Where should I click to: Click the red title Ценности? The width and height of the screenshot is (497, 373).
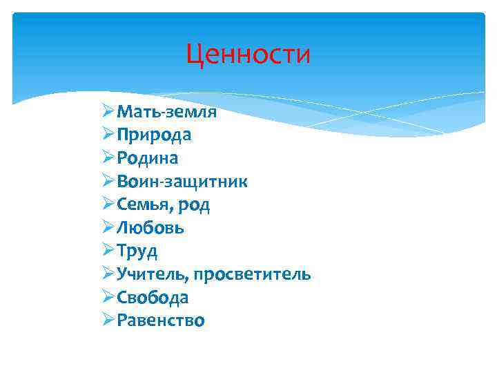248,55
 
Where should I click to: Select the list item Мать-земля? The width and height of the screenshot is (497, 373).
166,112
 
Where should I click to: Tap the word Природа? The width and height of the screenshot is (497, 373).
154,135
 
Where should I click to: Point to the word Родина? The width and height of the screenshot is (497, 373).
148,158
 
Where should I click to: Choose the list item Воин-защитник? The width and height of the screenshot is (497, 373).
182,182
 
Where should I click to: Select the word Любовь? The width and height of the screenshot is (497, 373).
150,228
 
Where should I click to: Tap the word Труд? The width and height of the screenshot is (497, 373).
137,251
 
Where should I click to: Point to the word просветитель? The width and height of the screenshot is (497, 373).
252,275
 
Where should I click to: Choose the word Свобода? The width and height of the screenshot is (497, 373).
153,298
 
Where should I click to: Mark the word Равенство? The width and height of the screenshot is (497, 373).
161,321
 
